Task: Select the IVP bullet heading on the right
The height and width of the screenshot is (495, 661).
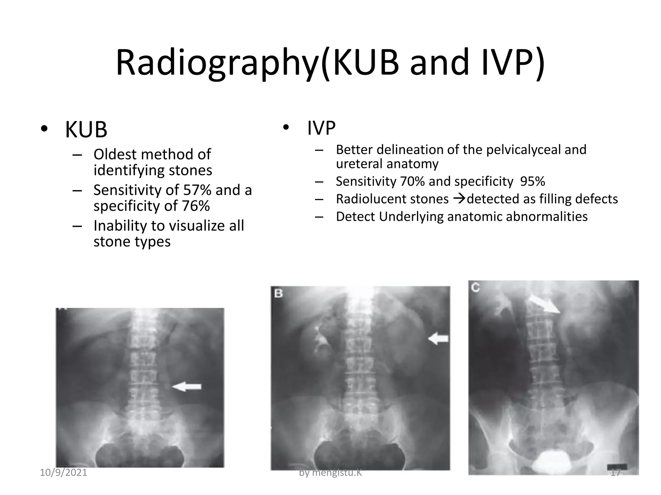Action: pos(321,128)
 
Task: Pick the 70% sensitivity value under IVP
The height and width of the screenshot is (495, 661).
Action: pos(412,181)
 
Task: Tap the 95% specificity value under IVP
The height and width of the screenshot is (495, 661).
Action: pos(533,181)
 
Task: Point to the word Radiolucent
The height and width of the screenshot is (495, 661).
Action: pos(392,199)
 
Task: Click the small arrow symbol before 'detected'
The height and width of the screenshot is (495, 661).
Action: pos(458,199)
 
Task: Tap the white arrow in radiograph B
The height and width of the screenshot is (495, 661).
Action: pos(438,339)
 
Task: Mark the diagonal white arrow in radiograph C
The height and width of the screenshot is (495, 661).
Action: pos(545,305)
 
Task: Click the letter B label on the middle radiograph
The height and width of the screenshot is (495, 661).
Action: pos(279,294)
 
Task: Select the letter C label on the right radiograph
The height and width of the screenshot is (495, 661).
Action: pos(475,287)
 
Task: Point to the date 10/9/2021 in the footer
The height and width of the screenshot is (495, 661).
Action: pos(64,473)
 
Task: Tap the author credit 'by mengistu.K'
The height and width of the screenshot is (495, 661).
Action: pos(330,473)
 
